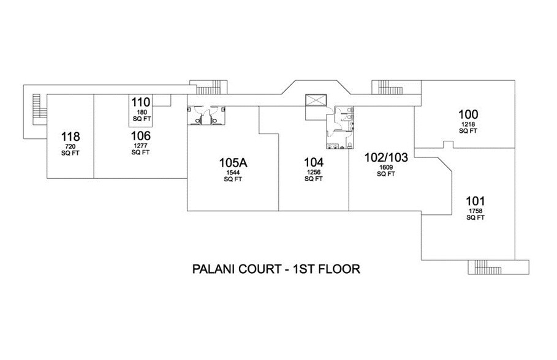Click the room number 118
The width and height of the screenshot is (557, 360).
coord(70,136)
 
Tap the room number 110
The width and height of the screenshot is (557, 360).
coord(140,102)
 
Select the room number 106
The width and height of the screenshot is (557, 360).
coord(140,135)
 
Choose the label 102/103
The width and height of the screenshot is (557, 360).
coord(385,156)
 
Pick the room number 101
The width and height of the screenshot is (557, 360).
coord(476,201)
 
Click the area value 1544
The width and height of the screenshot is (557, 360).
coord(233,173)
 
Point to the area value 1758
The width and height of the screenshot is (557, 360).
coord(476,212)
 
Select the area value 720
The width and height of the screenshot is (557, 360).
coord(70,147)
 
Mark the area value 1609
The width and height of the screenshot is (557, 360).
coord(385,167)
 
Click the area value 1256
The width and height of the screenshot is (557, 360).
coord(313,173)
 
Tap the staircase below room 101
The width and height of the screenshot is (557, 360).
coord(482,266)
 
